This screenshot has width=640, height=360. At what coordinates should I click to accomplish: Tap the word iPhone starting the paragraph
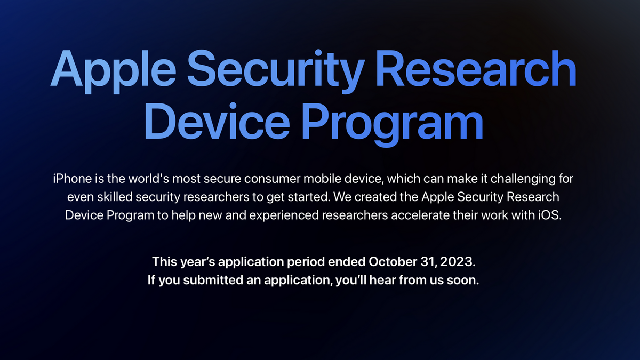tap(71, 178)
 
